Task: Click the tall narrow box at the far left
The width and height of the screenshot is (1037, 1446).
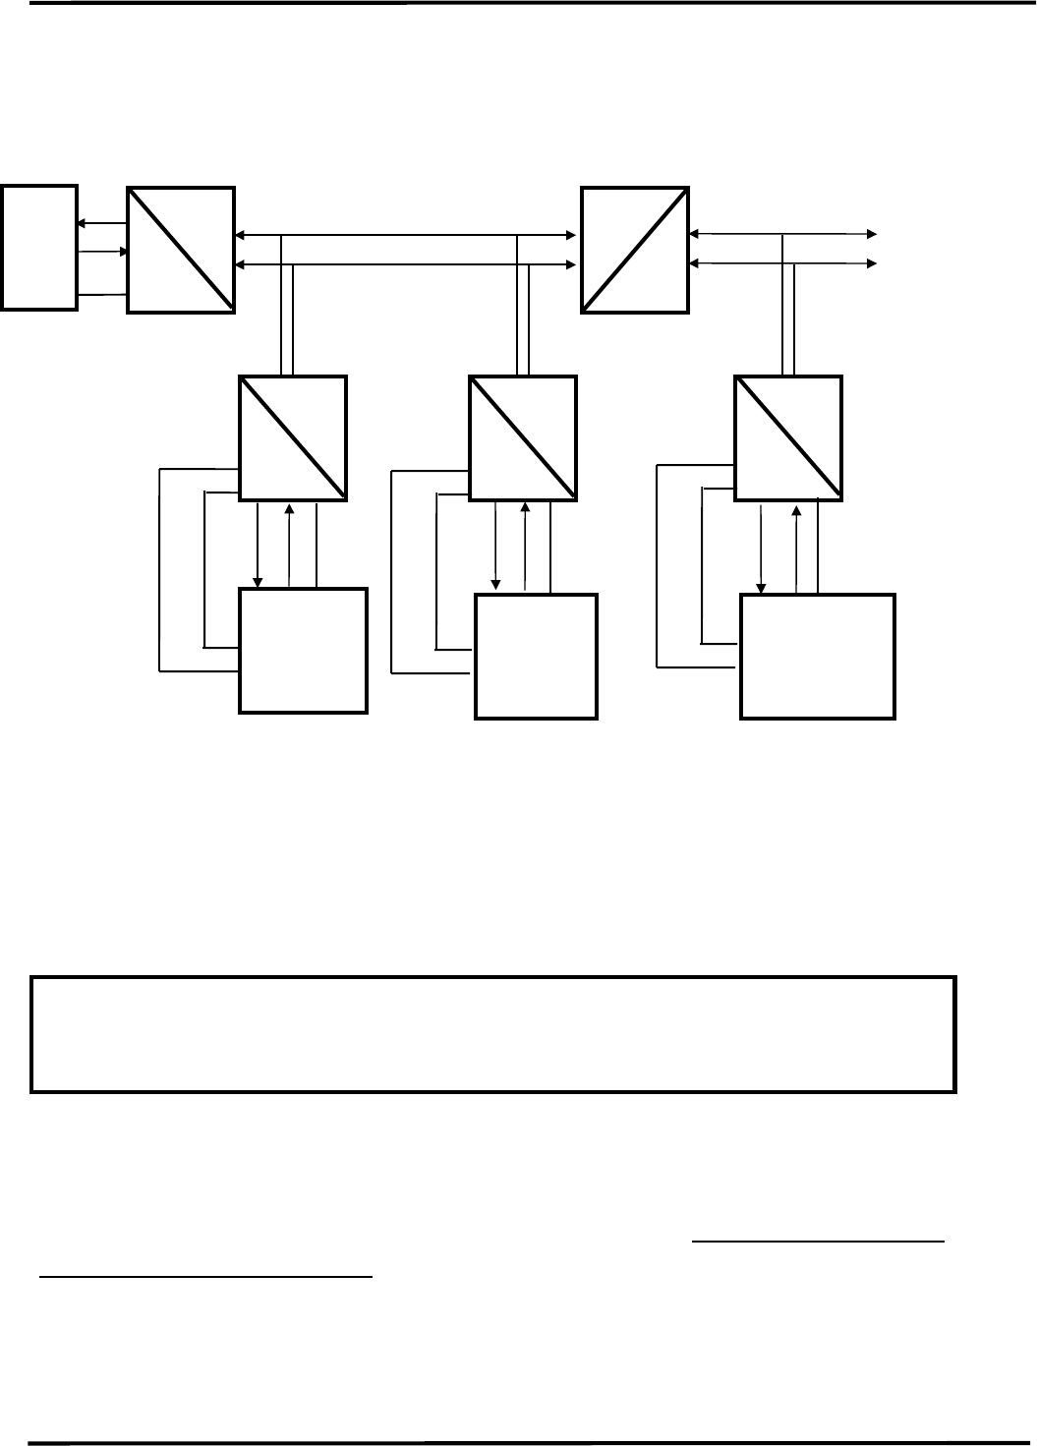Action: [39, 246]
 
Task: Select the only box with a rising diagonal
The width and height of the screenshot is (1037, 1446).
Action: [634, 249]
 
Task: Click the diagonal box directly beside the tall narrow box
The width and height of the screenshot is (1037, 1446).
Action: [181, 250]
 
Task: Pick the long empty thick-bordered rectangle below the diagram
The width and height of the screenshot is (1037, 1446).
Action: [493, 1034]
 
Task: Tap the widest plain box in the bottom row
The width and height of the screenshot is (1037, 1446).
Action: [817, 656]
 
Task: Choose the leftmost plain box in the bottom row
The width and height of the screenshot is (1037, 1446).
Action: [304, 650]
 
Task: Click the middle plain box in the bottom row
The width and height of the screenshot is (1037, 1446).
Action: [536, 656]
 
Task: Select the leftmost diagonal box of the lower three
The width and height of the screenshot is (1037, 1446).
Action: [293, 437]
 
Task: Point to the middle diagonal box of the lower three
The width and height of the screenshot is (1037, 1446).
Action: [523, 437]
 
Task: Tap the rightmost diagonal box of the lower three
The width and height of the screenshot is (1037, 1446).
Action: [788, 437]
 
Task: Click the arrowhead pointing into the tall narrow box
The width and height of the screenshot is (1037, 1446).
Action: [81, 224]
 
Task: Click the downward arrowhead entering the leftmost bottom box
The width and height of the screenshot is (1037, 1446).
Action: [258, 581]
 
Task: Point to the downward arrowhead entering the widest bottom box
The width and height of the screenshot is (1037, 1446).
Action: [760, 588]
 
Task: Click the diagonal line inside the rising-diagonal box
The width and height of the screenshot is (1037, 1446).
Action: [634, 249]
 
